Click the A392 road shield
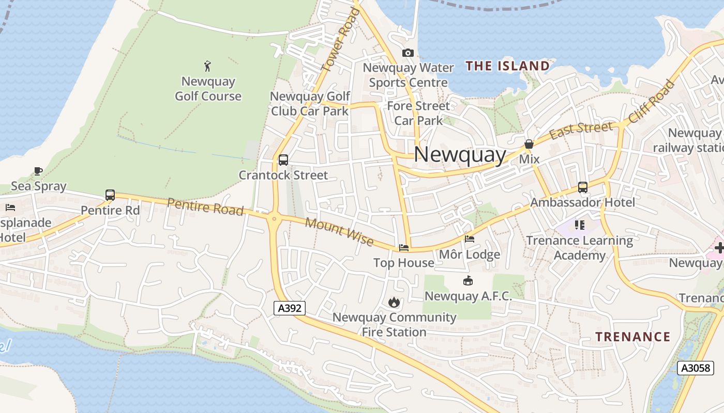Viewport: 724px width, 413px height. click(290, 308)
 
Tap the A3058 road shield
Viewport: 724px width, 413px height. click(696, 368)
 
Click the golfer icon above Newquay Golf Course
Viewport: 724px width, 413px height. click(208, 66)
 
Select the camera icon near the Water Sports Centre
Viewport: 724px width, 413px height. click(408, 53)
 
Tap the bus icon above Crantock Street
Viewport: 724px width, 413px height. click(283, 160)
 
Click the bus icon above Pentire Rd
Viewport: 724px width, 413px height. click(110, 195)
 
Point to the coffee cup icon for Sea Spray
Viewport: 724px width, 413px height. click(38, 171)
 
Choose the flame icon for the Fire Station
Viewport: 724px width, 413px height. click(394, 302)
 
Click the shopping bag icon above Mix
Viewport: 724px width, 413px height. click(529, 144)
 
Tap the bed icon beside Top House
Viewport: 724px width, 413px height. click(404, 248)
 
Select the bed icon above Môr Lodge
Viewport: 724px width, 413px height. click(470, 239)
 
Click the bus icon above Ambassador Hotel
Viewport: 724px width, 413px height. click(583, 187)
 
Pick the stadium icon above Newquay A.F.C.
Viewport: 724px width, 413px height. click(468, 281)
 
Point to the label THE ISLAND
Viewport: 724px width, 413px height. click(507, 66)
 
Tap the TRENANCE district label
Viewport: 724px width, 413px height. click(632, 337)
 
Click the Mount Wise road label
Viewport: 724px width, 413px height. click(339, 232)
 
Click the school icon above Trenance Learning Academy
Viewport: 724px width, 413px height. click(579, 225)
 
